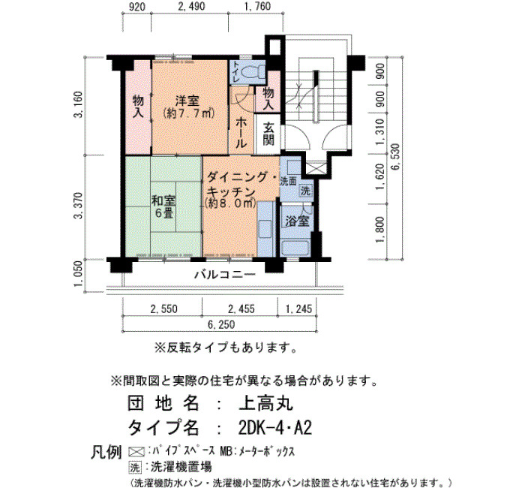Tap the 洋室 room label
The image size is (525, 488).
coord(187,101)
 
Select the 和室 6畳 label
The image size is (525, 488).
coord(163,206)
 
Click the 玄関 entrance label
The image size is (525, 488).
coord(268,134)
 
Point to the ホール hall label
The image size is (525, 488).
coord(241,133)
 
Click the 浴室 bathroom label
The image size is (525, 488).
coord(297,221)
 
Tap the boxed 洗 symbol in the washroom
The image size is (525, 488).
coord(305,191)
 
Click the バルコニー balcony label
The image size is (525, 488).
coord(225,275)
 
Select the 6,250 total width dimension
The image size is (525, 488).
coord(221,324)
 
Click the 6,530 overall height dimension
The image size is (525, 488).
coord(395,157)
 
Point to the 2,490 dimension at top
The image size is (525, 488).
coord(191,6)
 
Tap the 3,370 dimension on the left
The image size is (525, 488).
coord(78,206)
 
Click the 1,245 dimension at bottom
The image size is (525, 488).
coord(298,309)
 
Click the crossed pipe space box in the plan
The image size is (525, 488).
coord(316,167)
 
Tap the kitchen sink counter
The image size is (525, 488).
coord(265,228)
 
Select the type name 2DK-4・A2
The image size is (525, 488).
coord(275,428)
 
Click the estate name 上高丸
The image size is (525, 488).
coord(265,404)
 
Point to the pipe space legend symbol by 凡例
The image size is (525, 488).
coord(136,452)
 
